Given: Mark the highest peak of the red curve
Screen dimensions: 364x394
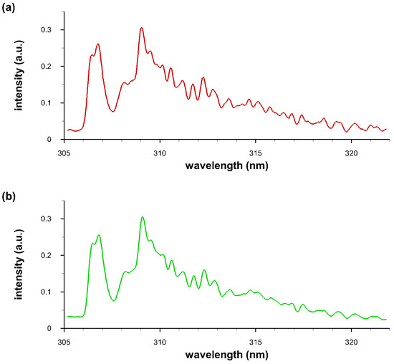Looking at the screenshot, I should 142,28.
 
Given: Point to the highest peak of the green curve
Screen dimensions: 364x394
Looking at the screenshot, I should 143,216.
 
